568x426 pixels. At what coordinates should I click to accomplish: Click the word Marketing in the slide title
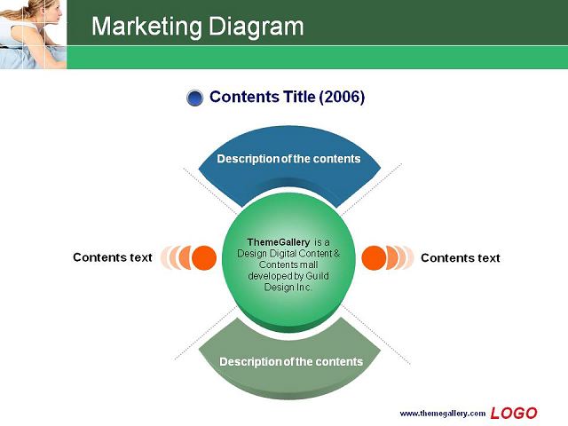click(146, 27)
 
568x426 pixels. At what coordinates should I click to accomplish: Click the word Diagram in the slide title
click(256, 27)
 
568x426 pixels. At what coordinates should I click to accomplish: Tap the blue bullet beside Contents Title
click(195, 98)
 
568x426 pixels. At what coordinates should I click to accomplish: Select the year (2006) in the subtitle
click(342, 97)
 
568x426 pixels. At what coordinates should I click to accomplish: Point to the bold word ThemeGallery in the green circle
click(278, 242)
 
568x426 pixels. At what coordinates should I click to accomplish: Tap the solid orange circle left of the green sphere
click(204, 258)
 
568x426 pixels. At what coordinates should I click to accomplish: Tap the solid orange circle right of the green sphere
click(374, 258)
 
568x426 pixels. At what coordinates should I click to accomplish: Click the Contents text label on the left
click(113, 257)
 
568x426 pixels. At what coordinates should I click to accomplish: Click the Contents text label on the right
click(460, 258)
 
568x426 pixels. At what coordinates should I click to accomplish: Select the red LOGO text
click(514, 413)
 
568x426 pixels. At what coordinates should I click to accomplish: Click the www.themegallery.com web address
click(442, 414)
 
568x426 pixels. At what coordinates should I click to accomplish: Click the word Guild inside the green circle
click(318, 276)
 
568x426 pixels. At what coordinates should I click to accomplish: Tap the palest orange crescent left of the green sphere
click(165, 257)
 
